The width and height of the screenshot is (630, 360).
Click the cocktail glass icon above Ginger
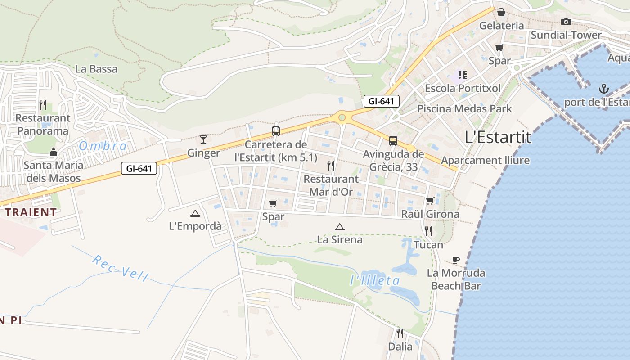203,139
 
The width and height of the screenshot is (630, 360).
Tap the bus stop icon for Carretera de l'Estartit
276,131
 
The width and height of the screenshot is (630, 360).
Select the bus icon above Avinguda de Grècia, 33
393,141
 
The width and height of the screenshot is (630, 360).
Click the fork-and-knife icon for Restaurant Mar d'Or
331,166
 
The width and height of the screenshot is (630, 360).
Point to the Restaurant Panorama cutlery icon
43,105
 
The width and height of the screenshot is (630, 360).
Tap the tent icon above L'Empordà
195,213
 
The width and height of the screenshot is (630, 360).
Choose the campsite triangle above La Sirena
340,227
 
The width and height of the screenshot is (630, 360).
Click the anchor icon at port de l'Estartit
604,89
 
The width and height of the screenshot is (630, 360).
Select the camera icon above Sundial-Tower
566,22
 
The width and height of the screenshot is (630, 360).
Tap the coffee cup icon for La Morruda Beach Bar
456,260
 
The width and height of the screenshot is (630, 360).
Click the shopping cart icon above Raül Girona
430,201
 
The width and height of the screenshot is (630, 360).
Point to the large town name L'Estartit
498,137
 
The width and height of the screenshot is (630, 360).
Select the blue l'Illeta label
375,280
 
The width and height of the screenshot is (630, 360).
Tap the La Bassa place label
96,69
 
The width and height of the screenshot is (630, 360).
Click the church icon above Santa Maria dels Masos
54,152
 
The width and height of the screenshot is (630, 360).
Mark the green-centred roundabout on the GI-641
342,117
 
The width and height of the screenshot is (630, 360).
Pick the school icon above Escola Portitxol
462,75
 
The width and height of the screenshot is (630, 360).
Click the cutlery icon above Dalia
400,333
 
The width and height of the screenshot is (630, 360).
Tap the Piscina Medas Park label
464,108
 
